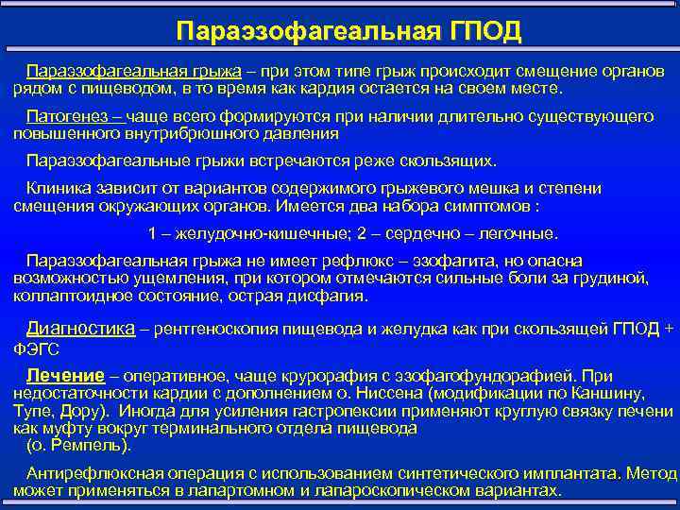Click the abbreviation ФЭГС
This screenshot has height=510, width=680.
point(36,347)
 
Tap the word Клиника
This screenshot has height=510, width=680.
point(57,188)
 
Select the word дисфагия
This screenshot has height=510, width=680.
point(327,295)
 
